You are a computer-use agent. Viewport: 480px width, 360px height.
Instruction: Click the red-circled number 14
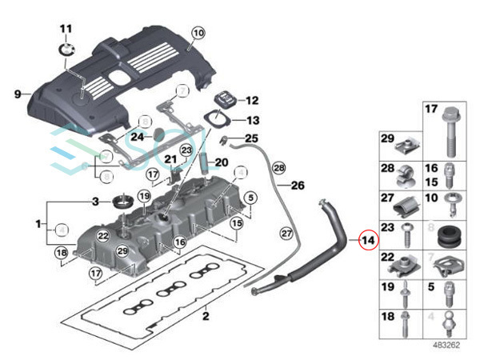[x=369, y=240]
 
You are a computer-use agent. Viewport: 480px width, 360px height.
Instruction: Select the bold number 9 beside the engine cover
[x=18, y=94]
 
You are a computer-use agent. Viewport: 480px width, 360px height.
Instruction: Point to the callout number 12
[x=252, y=102]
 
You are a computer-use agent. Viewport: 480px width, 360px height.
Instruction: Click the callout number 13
[x=252, y=122]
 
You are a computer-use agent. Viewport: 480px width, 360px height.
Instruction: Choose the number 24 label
[x=138, y=136]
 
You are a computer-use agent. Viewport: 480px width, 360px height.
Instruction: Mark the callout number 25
[x=252, y=138]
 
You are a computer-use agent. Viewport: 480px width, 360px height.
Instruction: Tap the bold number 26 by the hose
[x=297, y=186]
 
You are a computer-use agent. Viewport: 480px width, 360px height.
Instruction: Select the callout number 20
[x=222, y=162]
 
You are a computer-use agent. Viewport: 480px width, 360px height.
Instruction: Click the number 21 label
[x=170, y=161]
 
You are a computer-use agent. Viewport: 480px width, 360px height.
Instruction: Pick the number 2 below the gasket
[x=205, y=318]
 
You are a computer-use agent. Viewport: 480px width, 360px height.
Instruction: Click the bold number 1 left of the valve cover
[x=38, y=226]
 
